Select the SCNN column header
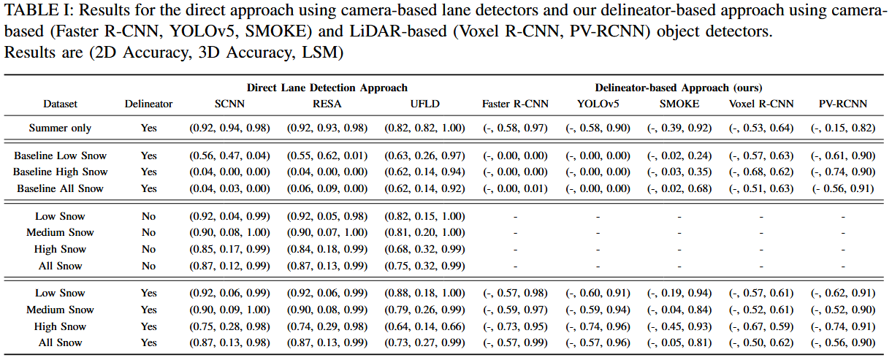[229, 104]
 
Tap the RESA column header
[327, 104]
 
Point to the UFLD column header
[424, 104]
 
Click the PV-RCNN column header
[843, 104]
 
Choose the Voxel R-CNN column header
[761, 104]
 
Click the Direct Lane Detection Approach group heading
[327, 88]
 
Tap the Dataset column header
[60, 104]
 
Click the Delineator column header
[149, 104]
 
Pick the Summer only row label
[60, 128]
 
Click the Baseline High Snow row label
[60, 172]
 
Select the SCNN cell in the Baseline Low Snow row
[229, 156]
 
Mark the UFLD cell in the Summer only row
[424, 128]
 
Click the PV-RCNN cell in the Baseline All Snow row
[843, 188]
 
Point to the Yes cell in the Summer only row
[149, 128]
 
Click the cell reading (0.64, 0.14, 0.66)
[424, 326]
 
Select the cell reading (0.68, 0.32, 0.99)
[424, 250]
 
